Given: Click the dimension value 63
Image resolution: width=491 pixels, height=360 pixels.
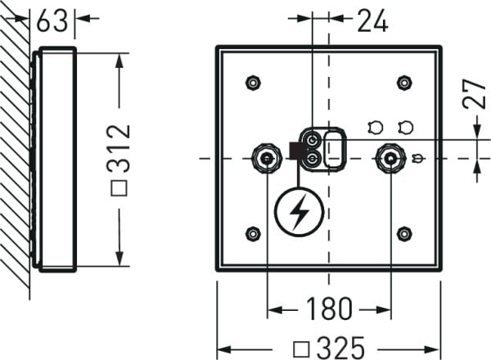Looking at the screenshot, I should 52,20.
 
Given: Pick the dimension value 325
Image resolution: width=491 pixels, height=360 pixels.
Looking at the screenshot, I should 340,347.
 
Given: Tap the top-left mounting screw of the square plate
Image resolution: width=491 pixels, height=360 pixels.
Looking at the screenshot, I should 253,83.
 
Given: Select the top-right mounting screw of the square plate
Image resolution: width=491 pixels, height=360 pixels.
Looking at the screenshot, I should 403,82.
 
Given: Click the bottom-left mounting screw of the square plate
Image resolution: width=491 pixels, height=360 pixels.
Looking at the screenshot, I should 253,234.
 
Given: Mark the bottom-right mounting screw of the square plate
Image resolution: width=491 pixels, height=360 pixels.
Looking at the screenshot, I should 403,234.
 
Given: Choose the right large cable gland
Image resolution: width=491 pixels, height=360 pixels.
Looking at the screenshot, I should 390,157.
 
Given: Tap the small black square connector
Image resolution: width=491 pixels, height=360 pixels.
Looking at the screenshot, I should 296,151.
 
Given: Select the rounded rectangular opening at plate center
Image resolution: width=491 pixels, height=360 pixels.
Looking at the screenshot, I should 335,148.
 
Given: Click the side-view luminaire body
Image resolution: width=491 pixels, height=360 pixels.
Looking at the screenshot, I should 56,159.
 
